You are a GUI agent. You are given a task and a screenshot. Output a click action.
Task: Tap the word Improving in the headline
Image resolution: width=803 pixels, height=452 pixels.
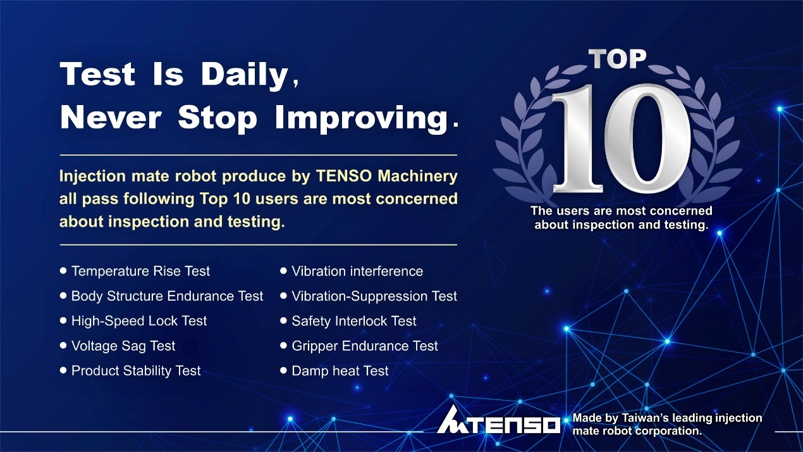[362, 118]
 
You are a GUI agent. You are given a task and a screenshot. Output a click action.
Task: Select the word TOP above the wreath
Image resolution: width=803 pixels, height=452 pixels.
[617, 59]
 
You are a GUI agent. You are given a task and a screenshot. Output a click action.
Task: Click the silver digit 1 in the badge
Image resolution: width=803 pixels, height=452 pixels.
[577, 138]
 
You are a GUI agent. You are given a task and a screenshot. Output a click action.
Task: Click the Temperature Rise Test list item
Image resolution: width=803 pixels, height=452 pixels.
[140, 271]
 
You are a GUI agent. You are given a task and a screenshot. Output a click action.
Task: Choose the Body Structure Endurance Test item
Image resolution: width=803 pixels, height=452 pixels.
[167, 296]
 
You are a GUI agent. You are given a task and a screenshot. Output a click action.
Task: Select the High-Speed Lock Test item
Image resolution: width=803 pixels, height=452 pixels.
[139, 321]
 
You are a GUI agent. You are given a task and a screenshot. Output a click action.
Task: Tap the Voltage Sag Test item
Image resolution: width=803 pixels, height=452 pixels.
[123, 346]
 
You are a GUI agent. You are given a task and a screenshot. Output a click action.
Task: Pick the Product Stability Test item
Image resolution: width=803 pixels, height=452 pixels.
[136, 371]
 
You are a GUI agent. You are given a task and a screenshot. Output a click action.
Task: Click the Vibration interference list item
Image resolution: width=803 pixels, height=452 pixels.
[357, 271]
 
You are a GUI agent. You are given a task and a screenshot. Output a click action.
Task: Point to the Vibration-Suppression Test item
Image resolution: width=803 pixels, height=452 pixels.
[374, 296]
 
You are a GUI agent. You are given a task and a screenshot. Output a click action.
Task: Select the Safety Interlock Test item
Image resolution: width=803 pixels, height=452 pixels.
[354, 321]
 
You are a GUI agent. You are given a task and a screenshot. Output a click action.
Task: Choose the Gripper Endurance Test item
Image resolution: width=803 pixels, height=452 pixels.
[365, 346]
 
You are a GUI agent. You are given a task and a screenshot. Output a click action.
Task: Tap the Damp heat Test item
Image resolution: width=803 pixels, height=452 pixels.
[340, 371]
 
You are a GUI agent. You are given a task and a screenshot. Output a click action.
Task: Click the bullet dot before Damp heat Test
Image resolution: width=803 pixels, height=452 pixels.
[283, 370]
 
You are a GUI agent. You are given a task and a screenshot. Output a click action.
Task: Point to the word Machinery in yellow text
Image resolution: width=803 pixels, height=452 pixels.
[418, 176]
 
